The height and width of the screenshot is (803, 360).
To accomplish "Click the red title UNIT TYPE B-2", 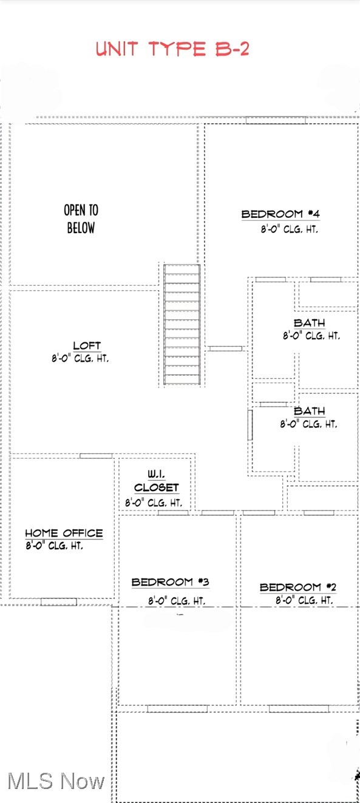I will coord(172,49).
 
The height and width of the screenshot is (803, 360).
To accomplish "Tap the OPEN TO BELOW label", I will coord(81,219).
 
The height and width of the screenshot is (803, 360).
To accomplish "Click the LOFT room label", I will coord(87,346).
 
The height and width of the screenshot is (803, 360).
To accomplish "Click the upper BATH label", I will coord(309,323).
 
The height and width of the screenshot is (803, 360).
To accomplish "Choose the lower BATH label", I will coord(309,412).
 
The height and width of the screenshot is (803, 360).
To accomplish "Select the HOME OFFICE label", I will coord(64,534).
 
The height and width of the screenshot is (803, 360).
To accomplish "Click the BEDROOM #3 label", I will coord(170,582).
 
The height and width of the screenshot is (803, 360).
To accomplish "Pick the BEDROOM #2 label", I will coord(297,587).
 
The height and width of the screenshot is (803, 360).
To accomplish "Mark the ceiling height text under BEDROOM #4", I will coord(290,230).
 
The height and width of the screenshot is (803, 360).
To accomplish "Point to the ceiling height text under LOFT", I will coord(80,359).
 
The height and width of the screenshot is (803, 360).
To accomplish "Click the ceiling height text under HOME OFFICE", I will coord(55,546).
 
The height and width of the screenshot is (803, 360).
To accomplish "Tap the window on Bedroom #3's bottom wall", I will coord(177,708).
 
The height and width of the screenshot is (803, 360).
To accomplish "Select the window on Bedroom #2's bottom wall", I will coord(299,708).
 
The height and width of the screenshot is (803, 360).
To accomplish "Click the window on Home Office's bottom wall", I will coord(58,601).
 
